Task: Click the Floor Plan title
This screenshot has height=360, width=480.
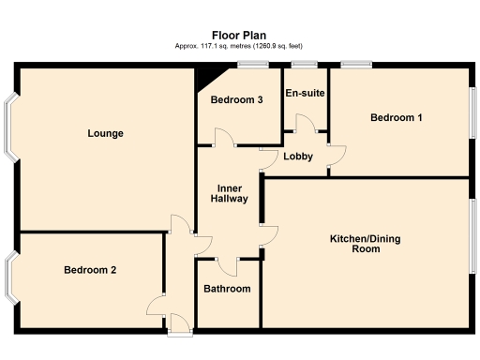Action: (x=239, y=35)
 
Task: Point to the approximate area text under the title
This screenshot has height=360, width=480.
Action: (x=239, y=46)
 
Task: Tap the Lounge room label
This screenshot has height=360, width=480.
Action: (x=106, y=133)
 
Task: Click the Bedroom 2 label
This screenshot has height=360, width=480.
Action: (x=90, y=270)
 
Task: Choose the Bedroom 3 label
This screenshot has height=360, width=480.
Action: (x=236, y=99)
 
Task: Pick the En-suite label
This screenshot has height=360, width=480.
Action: (x=305, y=93)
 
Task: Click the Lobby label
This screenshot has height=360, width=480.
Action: (x=299, y=157)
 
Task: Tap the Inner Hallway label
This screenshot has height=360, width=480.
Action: (x=229, y=192)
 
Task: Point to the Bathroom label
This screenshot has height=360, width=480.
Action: (x=227, y=289)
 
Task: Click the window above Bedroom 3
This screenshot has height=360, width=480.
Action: (x=248, y=64)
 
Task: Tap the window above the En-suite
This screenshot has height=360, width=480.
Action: (x=303, y=64)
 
